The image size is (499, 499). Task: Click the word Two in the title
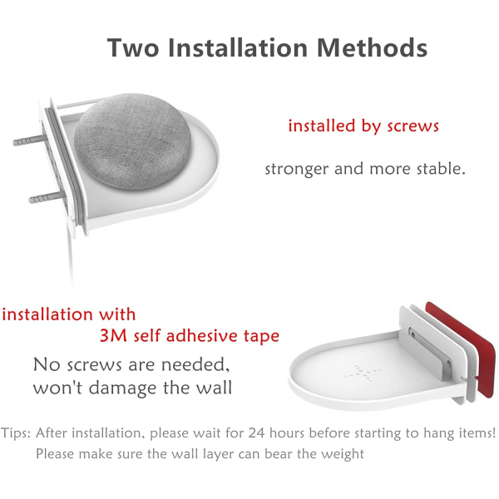click(133, 47)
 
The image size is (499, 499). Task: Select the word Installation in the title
click(237, 47)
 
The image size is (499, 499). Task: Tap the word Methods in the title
click(372, 47)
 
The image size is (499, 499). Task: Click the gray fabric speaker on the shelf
click(133, 141)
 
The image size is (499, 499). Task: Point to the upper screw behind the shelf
click(28, 141)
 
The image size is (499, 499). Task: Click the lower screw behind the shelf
click(45, 198)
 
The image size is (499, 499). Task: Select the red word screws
click(413, 126)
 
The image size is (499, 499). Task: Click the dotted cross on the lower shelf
click(363, 373)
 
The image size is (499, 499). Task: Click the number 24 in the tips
click(256, 432)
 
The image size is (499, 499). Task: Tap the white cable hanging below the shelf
click(70, 254)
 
